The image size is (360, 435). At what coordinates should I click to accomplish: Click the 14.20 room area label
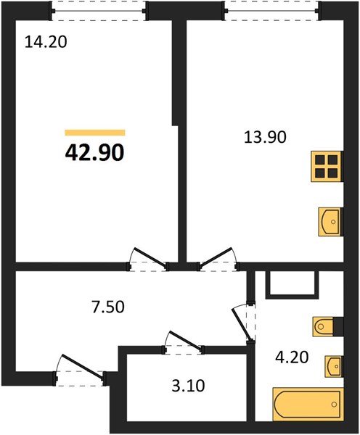[46, 42]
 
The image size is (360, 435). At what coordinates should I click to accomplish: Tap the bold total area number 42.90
[95, 152]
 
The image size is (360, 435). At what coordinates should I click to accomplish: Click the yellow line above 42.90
[95, 133]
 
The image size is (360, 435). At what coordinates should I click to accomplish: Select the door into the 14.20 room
[147, 258]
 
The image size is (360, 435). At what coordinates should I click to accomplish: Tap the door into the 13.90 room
[220, 258]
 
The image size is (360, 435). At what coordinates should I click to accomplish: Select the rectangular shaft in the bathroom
[292, 285]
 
